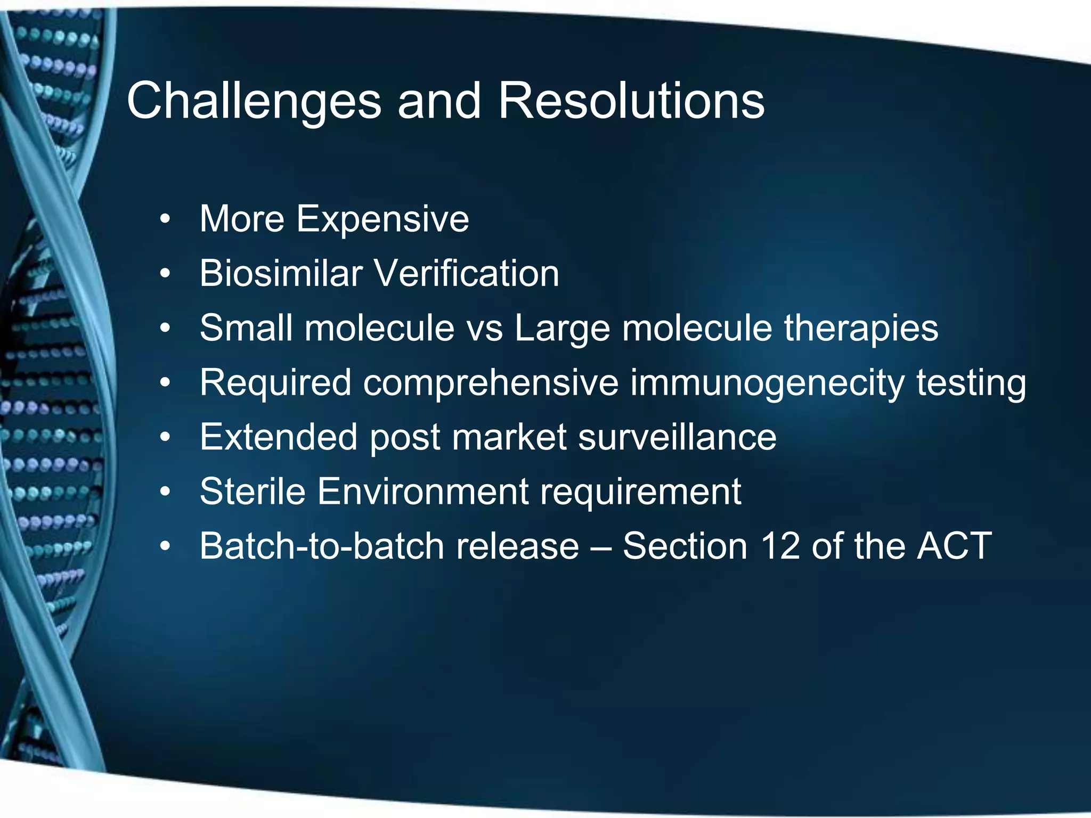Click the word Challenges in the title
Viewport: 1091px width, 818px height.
click(x=254, y=101)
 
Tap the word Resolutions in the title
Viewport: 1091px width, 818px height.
click(x=631, y=101)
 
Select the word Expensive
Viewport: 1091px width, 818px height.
click(x=382, y=219)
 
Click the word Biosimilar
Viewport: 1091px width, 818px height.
click(x=281, y=274)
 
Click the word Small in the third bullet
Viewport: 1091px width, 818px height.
click(x=246, y=328)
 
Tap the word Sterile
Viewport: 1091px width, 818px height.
click(x=253, y=492)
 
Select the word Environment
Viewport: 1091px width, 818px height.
click(x=423, y=492)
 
